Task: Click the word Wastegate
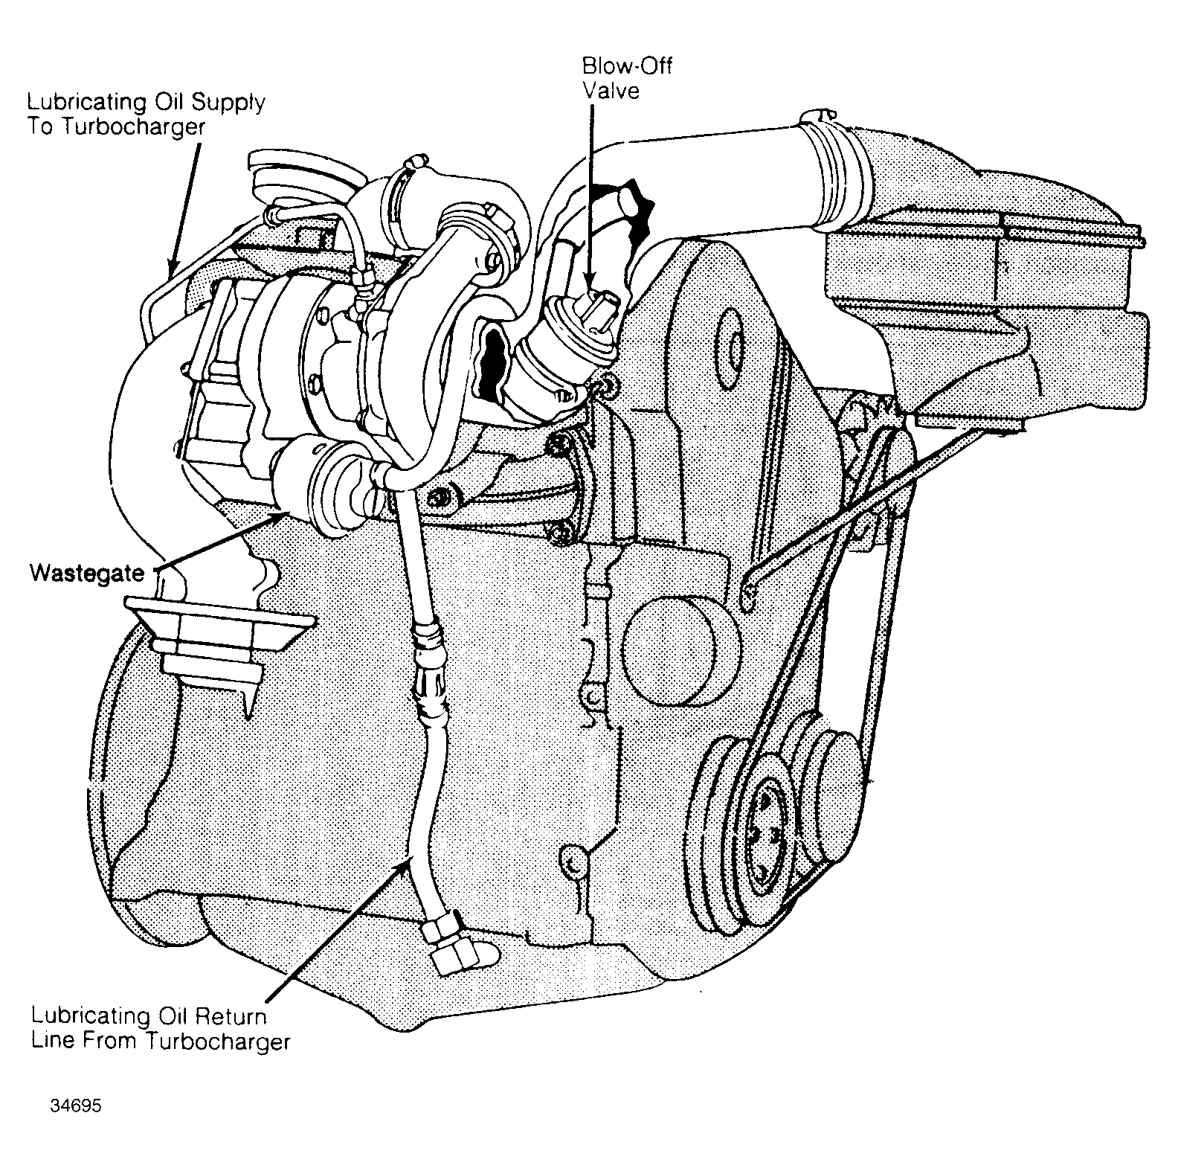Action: coord(86,573)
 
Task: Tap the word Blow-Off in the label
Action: coord(626,65)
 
